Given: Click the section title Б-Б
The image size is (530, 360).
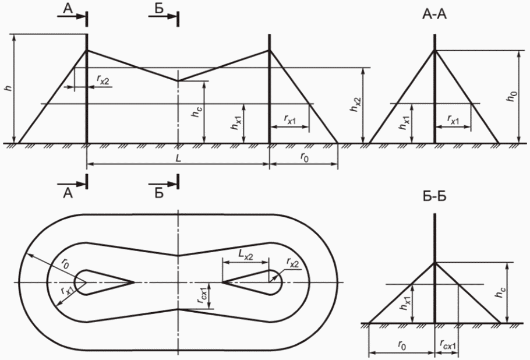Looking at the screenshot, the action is [434, 196].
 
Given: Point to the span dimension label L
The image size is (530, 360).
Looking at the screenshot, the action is [179, 158].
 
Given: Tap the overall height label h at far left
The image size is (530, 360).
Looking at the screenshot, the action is [9, 88].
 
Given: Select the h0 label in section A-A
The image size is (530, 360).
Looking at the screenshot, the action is [513, 96].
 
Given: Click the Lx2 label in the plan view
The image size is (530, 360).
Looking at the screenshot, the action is [246, 255].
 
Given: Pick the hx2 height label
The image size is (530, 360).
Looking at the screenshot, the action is [356, 104].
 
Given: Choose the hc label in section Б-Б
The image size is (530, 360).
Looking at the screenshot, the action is [499, 292].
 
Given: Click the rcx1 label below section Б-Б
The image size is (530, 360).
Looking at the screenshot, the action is [448, 344].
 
